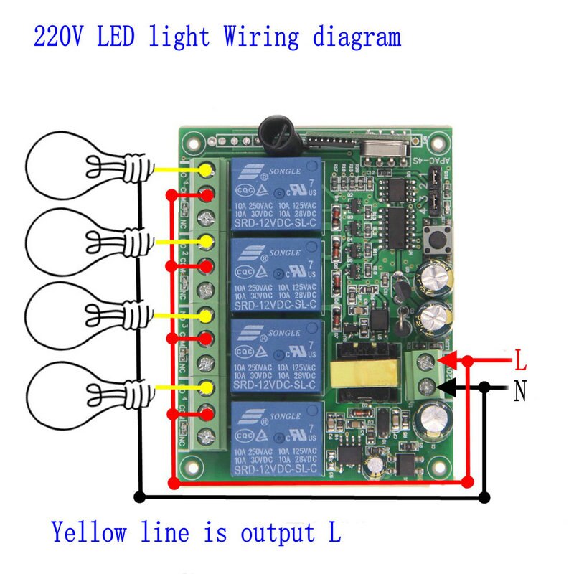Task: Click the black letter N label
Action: (521, 391)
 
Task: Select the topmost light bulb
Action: (65, 166)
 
